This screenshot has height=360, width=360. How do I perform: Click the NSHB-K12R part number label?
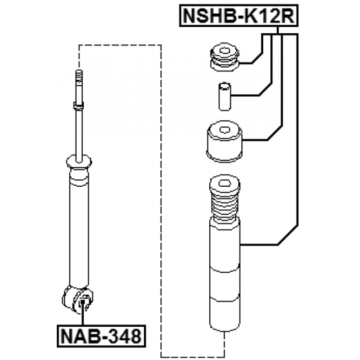pos(239,16)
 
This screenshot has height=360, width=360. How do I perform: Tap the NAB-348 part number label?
pos(101,336)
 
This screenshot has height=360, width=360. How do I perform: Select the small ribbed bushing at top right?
pos(225,57)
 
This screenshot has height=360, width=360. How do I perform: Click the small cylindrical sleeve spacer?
pos(225,97)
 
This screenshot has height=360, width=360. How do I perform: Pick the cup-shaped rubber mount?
pos(225,141)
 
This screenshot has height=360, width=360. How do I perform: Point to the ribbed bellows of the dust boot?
pos(225,208)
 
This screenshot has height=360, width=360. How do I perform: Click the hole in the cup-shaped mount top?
pos(225,130)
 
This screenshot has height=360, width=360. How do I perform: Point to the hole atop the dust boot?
pos(225,184)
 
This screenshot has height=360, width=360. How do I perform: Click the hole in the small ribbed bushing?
pos(225,50)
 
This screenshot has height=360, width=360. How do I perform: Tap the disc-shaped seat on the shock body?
pos(79,161)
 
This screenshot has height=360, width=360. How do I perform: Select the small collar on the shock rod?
pos(79,105)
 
